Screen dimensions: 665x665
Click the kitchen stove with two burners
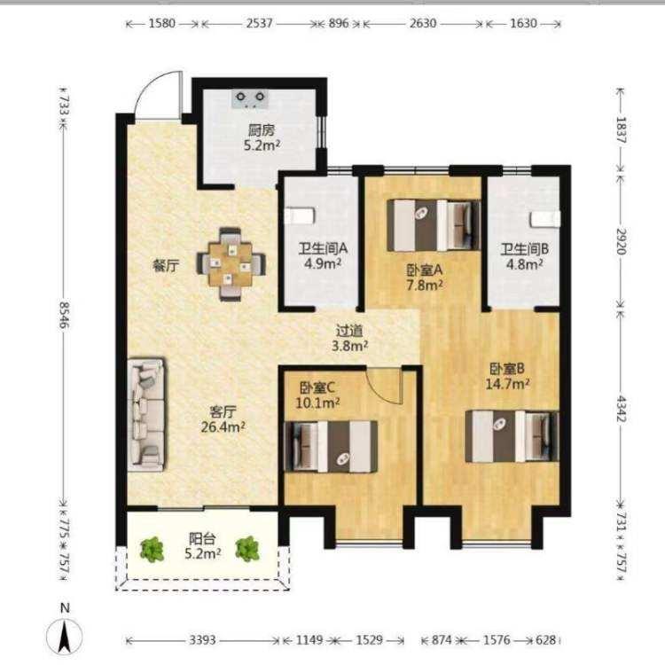250,98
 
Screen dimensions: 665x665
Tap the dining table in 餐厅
231,264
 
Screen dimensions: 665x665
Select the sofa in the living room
146,415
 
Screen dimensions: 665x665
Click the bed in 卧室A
434,225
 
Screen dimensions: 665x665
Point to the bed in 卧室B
512,436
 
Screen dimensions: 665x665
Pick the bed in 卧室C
331,447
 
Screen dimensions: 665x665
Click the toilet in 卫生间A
300,215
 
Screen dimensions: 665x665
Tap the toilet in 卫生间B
545,219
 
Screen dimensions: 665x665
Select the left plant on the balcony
152,549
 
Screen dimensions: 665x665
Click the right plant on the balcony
247,549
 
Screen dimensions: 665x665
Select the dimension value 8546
64,315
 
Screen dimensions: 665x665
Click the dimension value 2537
259,23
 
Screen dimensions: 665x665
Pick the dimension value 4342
621,409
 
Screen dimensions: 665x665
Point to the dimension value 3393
202,639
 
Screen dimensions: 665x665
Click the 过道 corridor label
349,331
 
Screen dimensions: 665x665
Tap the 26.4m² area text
223,426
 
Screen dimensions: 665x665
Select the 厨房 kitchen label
262,130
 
